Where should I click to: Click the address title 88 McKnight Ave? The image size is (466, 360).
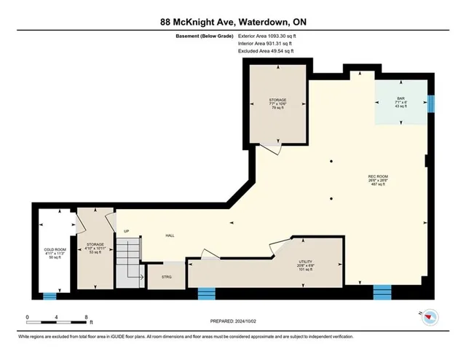tap(232, 22)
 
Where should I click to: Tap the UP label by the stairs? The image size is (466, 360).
tap(127, 231)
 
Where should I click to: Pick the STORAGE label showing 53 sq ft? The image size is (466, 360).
tap(96, 248)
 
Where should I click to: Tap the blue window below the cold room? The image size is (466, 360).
tap(50, 296)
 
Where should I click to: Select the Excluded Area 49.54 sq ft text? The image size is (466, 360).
tap(267, 52)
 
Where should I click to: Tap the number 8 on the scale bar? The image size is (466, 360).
tap(87, 318)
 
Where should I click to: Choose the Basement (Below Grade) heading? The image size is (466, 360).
tap(206, 35)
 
